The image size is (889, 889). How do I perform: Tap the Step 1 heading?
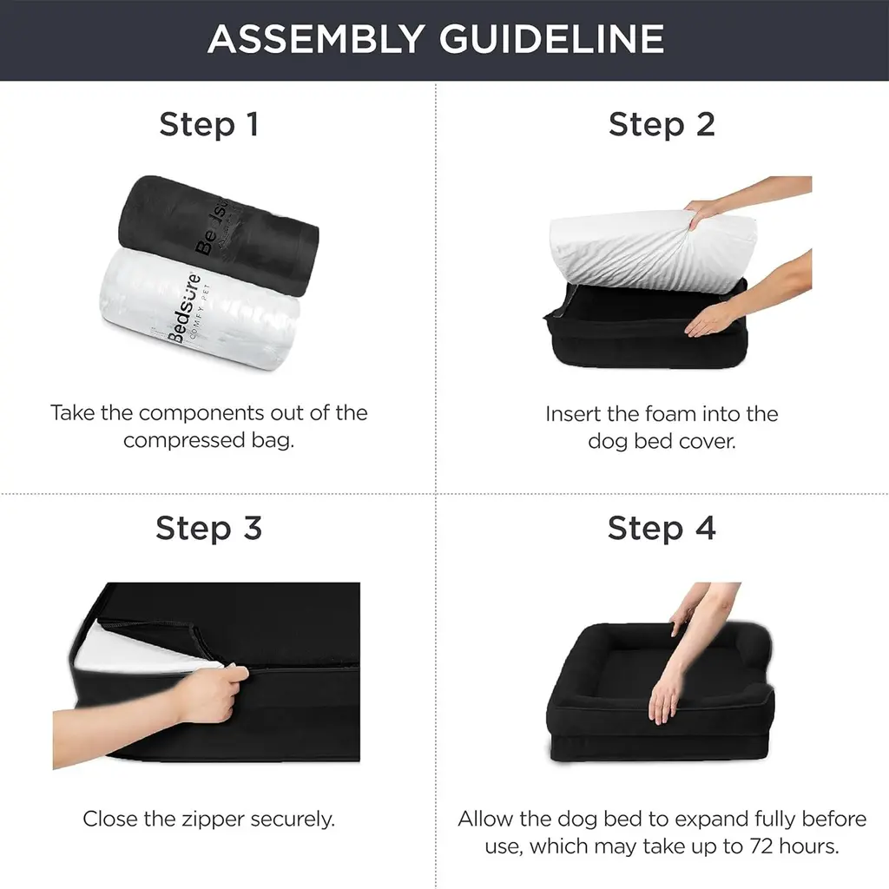tap(209, 125)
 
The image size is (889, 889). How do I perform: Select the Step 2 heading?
tap(662, 125)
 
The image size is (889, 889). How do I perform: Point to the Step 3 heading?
tap(208, 529)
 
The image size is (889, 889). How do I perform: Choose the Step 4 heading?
tap(662, 529)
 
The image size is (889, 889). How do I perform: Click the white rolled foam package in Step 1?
tap(200, 309)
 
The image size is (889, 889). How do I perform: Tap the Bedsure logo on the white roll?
tap(185, 309)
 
